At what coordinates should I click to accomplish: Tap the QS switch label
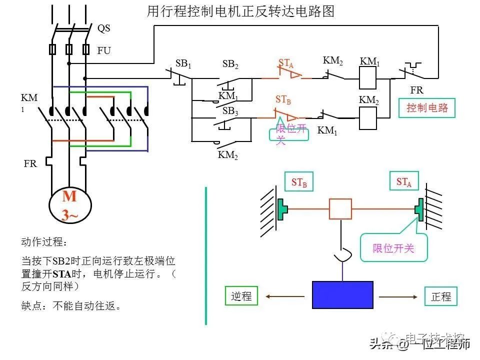point(103,28)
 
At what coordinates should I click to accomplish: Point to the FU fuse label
point(104,51)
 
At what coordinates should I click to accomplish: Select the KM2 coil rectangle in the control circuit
point(368,118)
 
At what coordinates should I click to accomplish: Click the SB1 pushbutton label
point(183,63)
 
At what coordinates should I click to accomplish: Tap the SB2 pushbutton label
point(230,64)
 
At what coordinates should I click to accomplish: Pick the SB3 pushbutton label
point(230,111)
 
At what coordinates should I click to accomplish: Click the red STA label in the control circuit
point(286,63)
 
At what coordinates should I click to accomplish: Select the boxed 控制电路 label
point(427,108)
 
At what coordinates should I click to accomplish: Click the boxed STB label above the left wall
point(299,182)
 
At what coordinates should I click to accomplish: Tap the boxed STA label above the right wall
point(404,182)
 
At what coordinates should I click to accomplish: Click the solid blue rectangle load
point(342,294)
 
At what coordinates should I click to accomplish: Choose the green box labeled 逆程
point(241,296)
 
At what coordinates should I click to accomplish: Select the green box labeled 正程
point(440,296)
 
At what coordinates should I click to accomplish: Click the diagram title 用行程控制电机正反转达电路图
point(240,11)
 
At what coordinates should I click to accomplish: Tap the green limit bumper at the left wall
point(282,208)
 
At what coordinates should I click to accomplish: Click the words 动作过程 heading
point(43,242)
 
